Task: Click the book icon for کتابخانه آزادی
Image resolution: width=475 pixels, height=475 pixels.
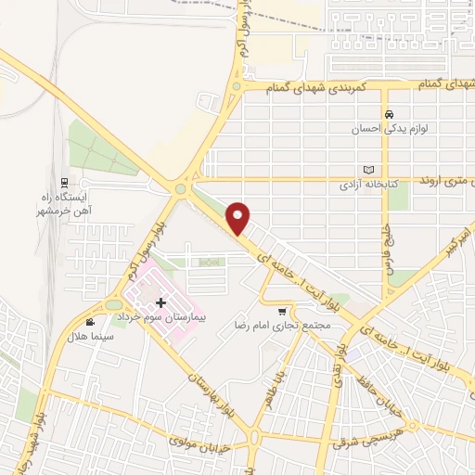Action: (369, 170)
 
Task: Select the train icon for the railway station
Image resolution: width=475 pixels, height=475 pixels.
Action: (63, 182)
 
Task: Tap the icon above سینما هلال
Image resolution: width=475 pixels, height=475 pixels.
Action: (89, 322)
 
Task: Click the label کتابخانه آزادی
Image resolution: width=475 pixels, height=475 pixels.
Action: (366, 185)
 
